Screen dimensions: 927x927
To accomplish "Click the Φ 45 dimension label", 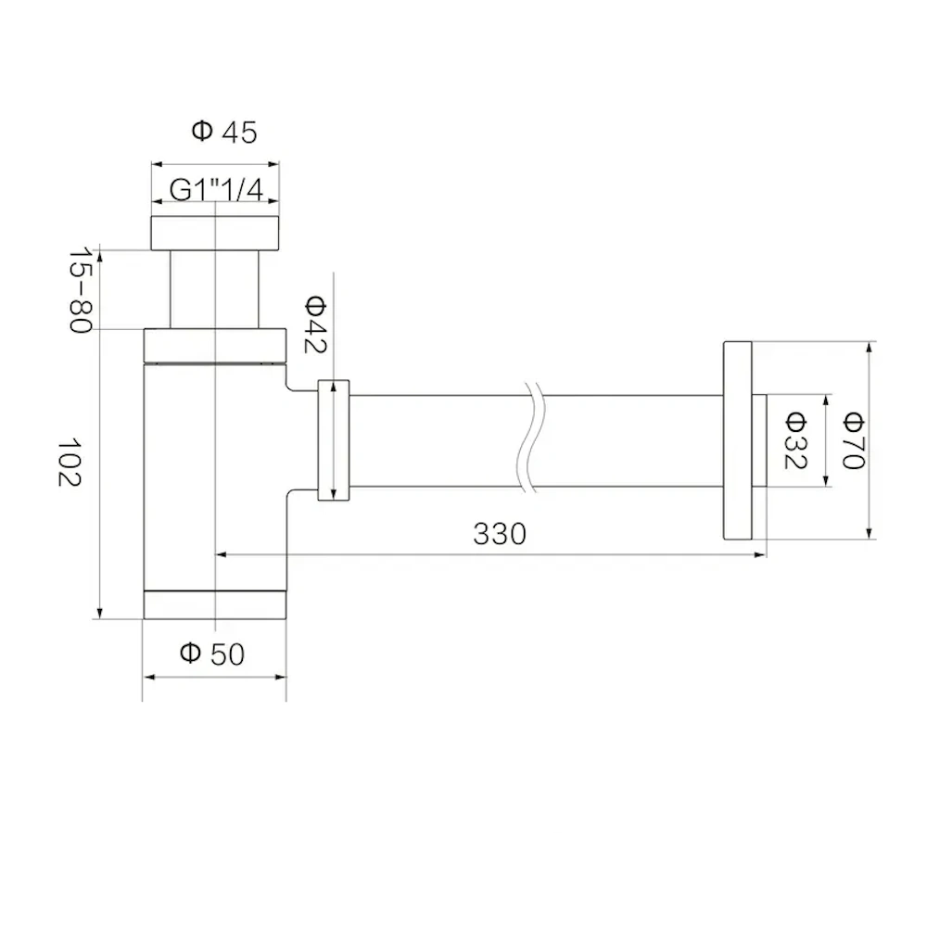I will [224, 133].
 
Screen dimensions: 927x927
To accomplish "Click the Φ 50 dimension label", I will [212, 654].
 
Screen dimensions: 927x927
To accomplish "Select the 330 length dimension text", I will [500, 534].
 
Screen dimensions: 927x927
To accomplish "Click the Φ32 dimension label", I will [795, 439].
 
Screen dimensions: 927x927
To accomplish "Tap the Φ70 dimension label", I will [852, 439].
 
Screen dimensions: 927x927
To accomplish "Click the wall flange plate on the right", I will [737, 440].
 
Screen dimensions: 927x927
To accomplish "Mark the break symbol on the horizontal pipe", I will [530, 440].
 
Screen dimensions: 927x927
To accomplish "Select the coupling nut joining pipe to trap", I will [333, 440].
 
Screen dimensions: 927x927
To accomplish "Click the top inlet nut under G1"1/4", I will [215, 234].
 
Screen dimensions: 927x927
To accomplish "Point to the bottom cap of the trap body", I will [215, 604].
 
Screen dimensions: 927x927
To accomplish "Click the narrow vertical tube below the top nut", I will [215, 288].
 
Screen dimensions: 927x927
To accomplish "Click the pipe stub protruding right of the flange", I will [760, 440].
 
